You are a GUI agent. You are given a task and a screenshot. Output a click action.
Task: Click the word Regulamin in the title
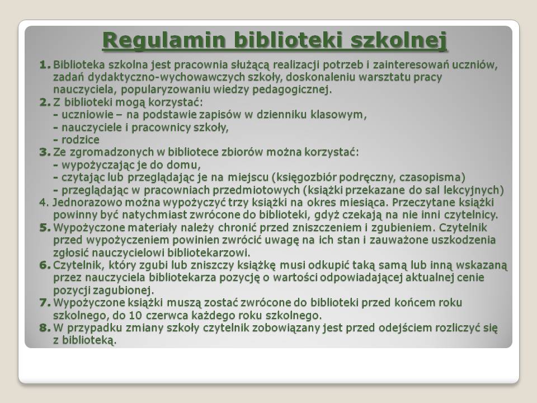click(164, 41)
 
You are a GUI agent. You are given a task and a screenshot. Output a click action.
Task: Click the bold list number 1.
click(45, 65)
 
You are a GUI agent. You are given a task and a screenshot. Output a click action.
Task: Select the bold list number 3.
click(45, 152)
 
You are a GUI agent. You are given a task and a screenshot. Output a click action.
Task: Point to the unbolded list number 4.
click(45, 203)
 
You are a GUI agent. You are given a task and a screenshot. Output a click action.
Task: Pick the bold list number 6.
click(45, 265)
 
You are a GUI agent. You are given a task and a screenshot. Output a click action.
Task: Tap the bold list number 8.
click(45, 328)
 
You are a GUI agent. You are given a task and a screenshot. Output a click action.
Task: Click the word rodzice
click(81, 140)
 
